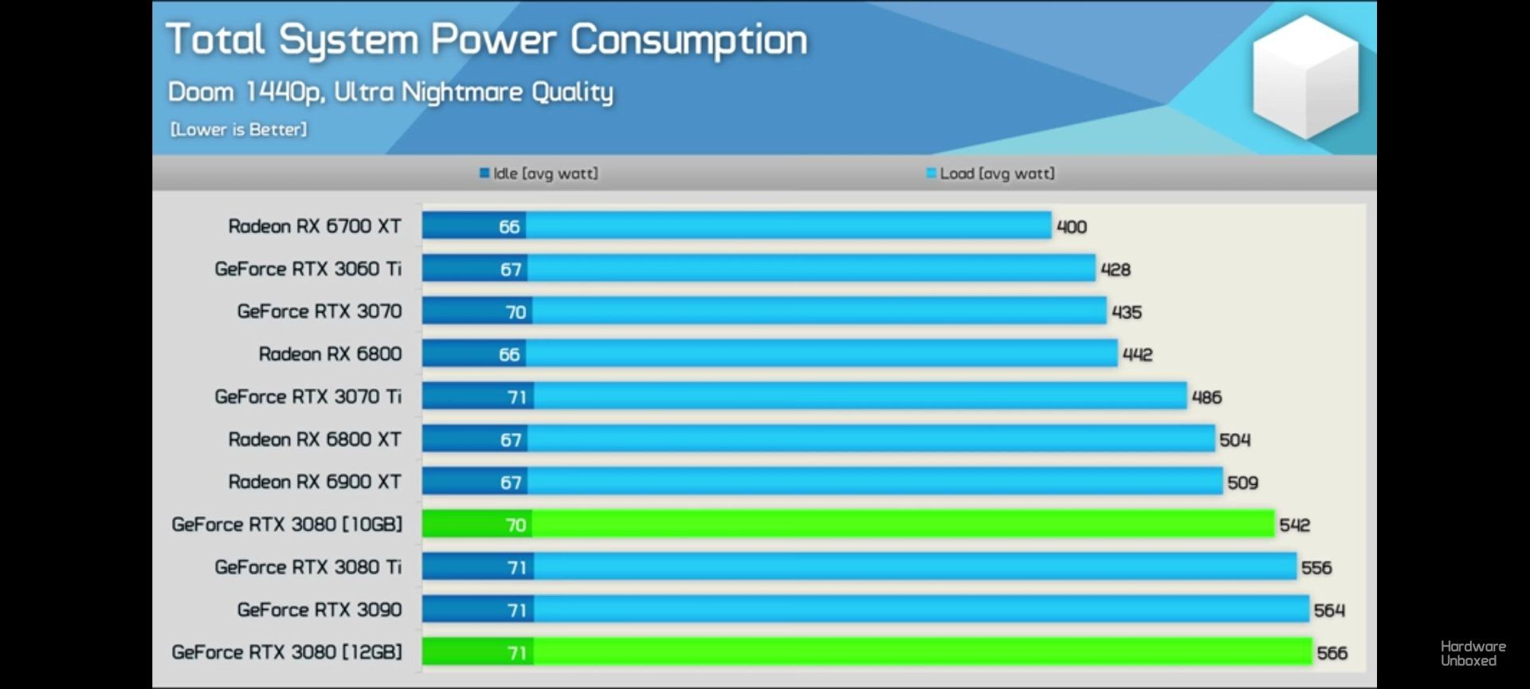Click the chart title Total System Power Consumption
[486, 40]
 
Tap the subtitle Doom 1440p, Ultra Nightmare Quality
[390, 93]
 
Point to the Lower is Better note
[238, 129]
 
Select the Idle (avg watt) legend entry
[539, 173]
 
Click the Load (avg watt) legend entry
[991, 173]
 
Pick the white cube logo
[1305, 77]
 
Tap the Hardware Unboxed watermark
[1473, 653]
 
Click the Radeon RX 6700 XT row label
[315, 226]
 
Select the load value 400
[1071, 227]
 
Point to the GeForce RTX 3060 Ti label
[308, 269]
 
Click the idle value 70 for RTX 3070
[516, 312]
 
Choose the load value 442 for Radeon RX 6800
[1137, 355]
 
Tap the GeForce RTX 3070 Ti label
[308, 396]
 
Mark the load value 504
[1234, 440]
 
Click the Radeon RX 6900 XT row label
[315, 482]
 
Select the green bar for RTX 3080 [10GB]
[877, 524]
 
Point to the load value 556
[1316, 568]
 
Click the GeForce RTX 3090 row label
[320, 610]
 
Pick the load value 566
[1332, 653]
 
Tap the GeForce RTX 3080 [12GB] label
[287, 652]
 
